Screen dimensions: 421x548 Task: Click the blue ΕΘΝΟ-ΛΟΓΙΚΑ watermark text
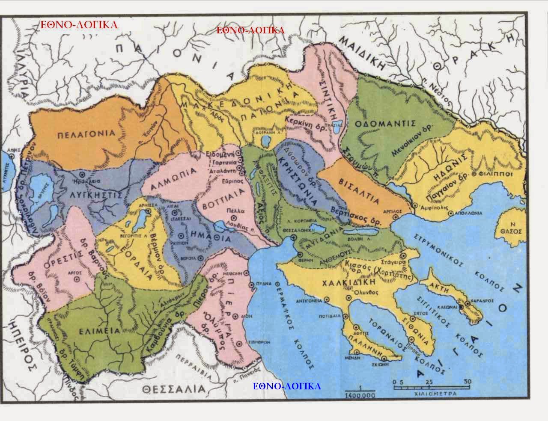pyautogui.click(x=286, y=386)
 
